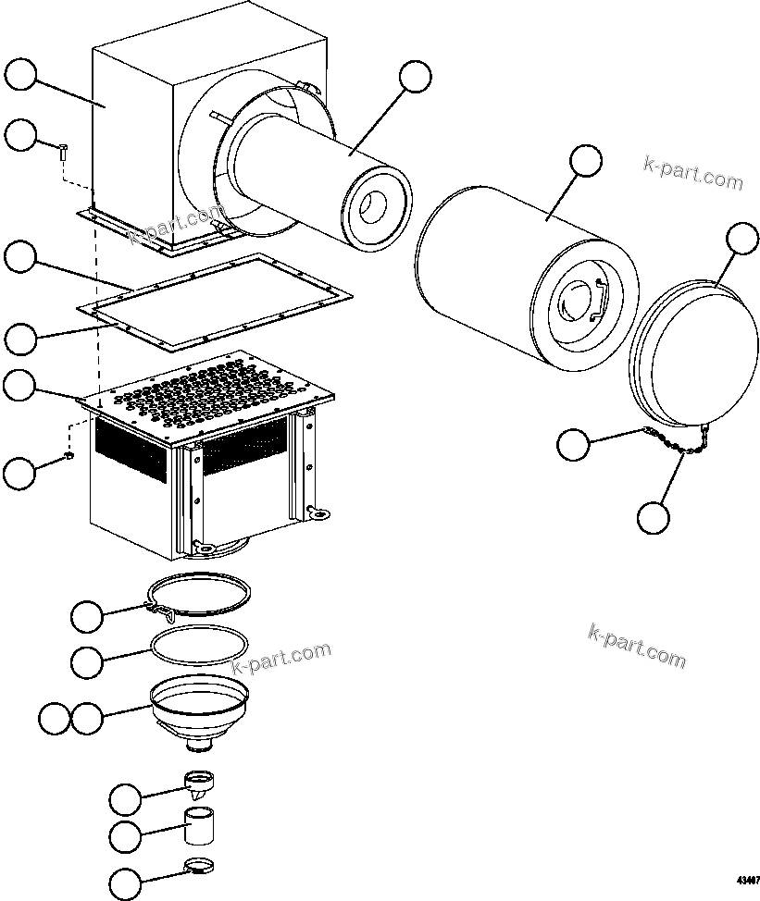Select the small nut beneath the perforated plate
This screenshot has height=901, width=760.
tap(69, 456)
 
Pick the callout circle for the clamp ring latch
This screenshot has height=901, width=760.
tap(88, 614)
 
